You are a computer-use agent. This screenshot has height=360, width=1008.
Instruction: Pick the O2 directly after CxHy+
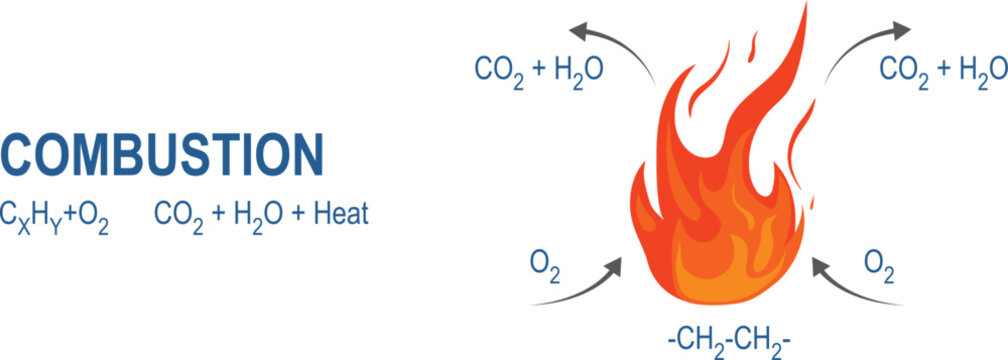tap(94, 215)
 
